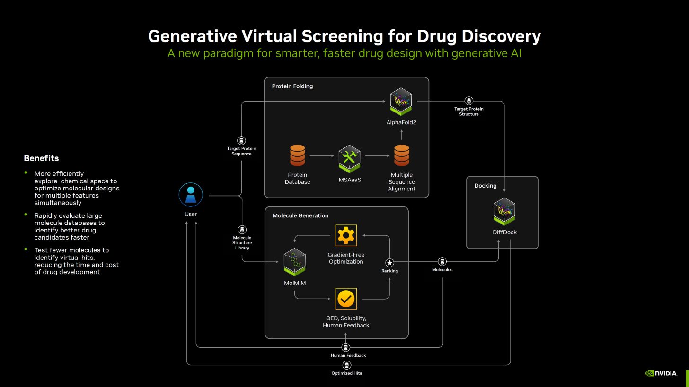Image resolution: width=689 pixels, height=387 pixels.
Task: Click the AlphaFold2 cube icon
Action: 401,101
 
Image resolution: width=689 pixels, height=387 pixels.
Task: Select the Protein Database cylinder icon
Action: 297,156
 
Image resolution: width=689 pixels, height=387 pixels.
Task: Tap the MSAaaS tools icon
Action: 350,158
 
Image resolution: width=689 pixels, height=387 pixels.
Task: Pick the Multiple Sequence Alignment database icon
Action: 402,156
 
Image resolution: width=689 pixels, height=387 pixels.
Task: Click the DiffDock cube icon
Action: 504,211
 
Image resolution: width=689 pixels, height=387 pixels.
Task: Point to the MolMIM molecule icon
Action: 294,261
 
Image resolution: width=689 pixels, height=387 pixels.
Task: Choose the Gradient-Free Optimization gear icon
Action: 346,235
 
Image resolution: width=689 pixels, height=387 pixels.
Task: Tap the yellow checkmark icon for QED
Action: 346,299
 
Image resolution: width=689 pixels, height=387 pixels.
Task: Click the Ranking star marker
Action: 389,263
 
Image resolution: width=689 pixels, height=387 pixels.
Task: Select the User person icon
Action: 191,195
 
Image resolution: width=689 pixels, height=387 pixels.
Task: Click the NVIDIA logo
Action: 661,373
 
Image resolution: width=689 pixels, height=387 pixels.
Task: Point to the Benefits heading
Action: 41,158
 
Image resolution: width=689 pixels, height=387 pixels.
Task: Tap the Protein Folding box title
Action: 292,86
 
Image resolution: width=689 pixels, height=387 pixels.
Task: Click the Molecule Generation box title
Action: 300,215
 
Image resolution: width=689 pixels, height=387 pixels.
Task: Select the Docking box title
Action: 486,186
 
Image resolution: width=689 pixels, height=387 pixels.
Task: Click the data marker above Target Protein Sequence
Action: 241,141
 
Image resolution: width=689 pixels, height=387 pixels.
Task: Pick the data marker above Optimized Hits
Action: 347,365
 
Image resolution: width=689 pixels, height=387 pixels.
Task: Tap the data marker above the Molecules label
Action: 442,262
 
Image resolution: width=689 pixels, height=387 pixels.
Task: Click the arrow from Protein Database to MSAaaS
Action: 322,155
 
